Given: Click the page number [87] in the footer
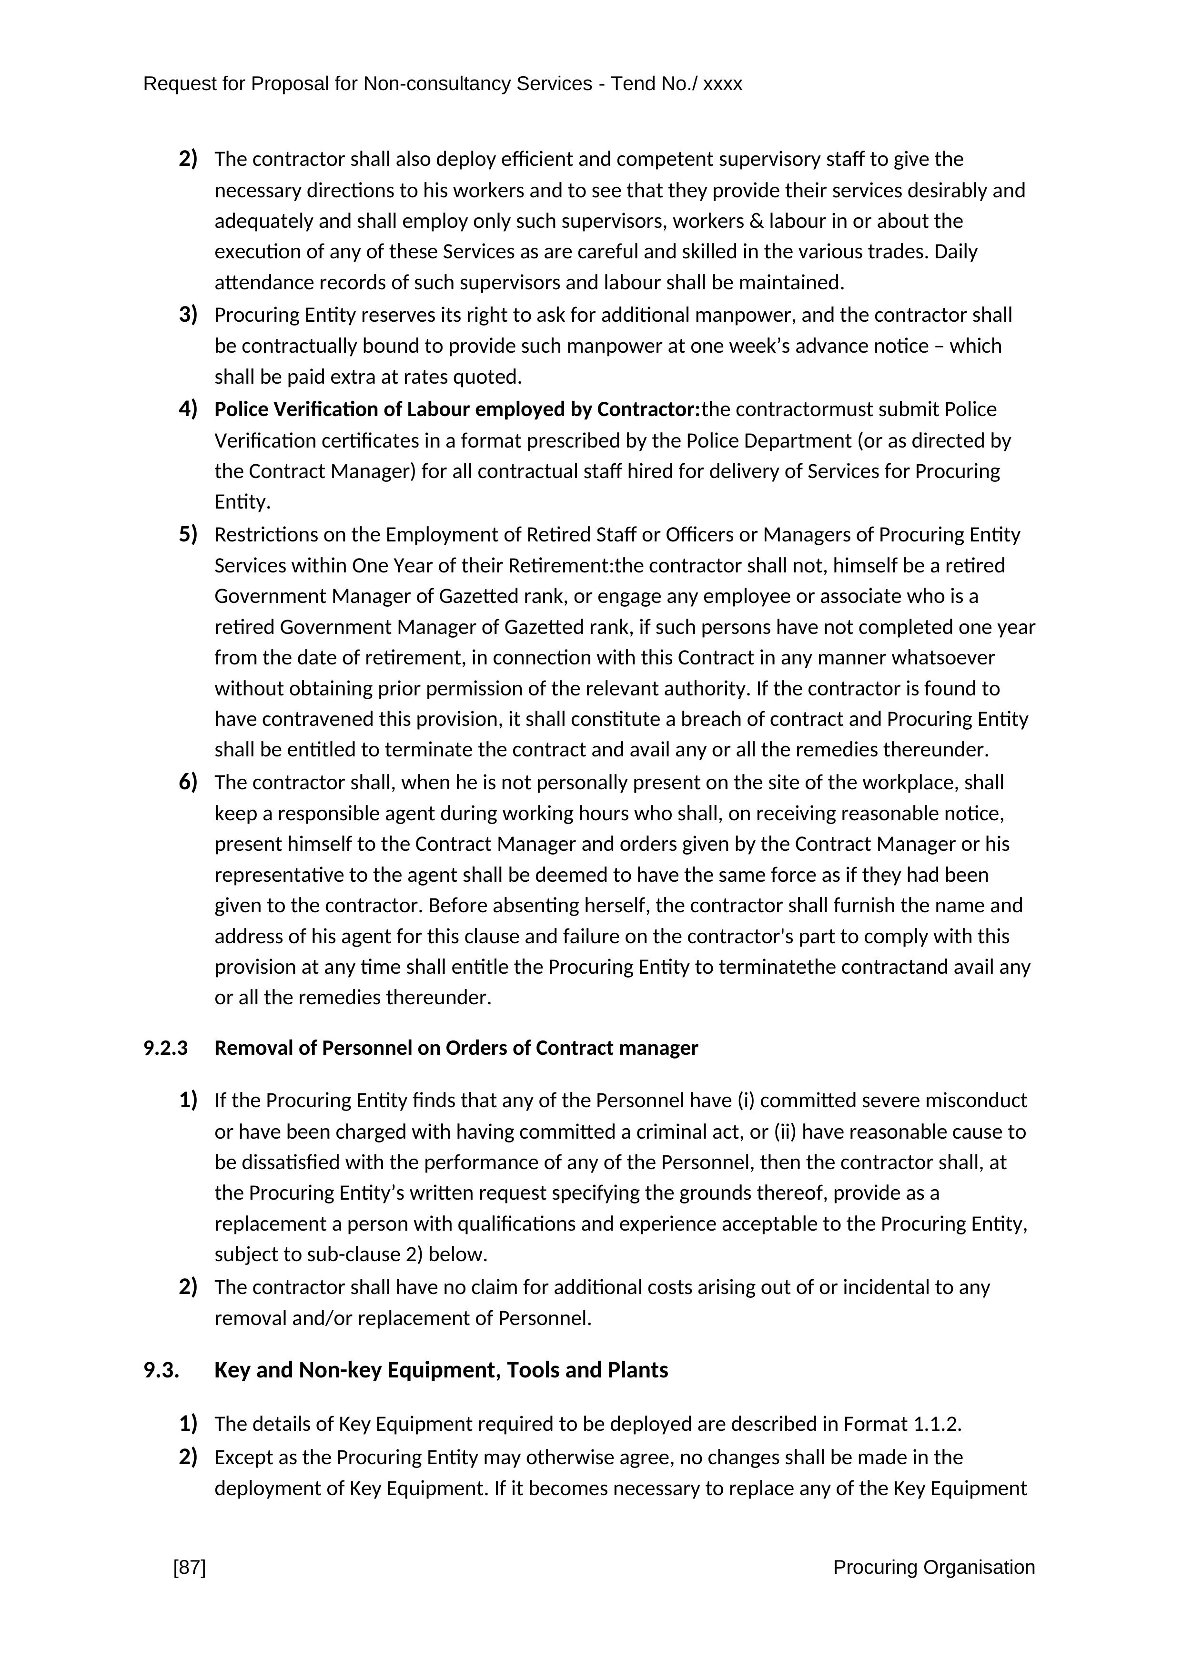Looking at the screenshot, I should point(189,1567).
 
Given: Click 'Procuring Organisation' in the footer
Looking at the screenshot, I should point(933,1567).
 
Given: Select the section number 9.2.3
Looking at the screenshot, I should point(165,1048).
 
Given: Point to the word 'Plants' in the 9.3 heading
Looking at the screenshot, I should point(637,1370).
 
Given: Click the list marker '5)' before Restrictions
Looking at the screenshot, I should point(188,534).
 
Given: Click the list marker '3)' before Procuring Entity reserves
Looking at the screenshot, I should point(188,314).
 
